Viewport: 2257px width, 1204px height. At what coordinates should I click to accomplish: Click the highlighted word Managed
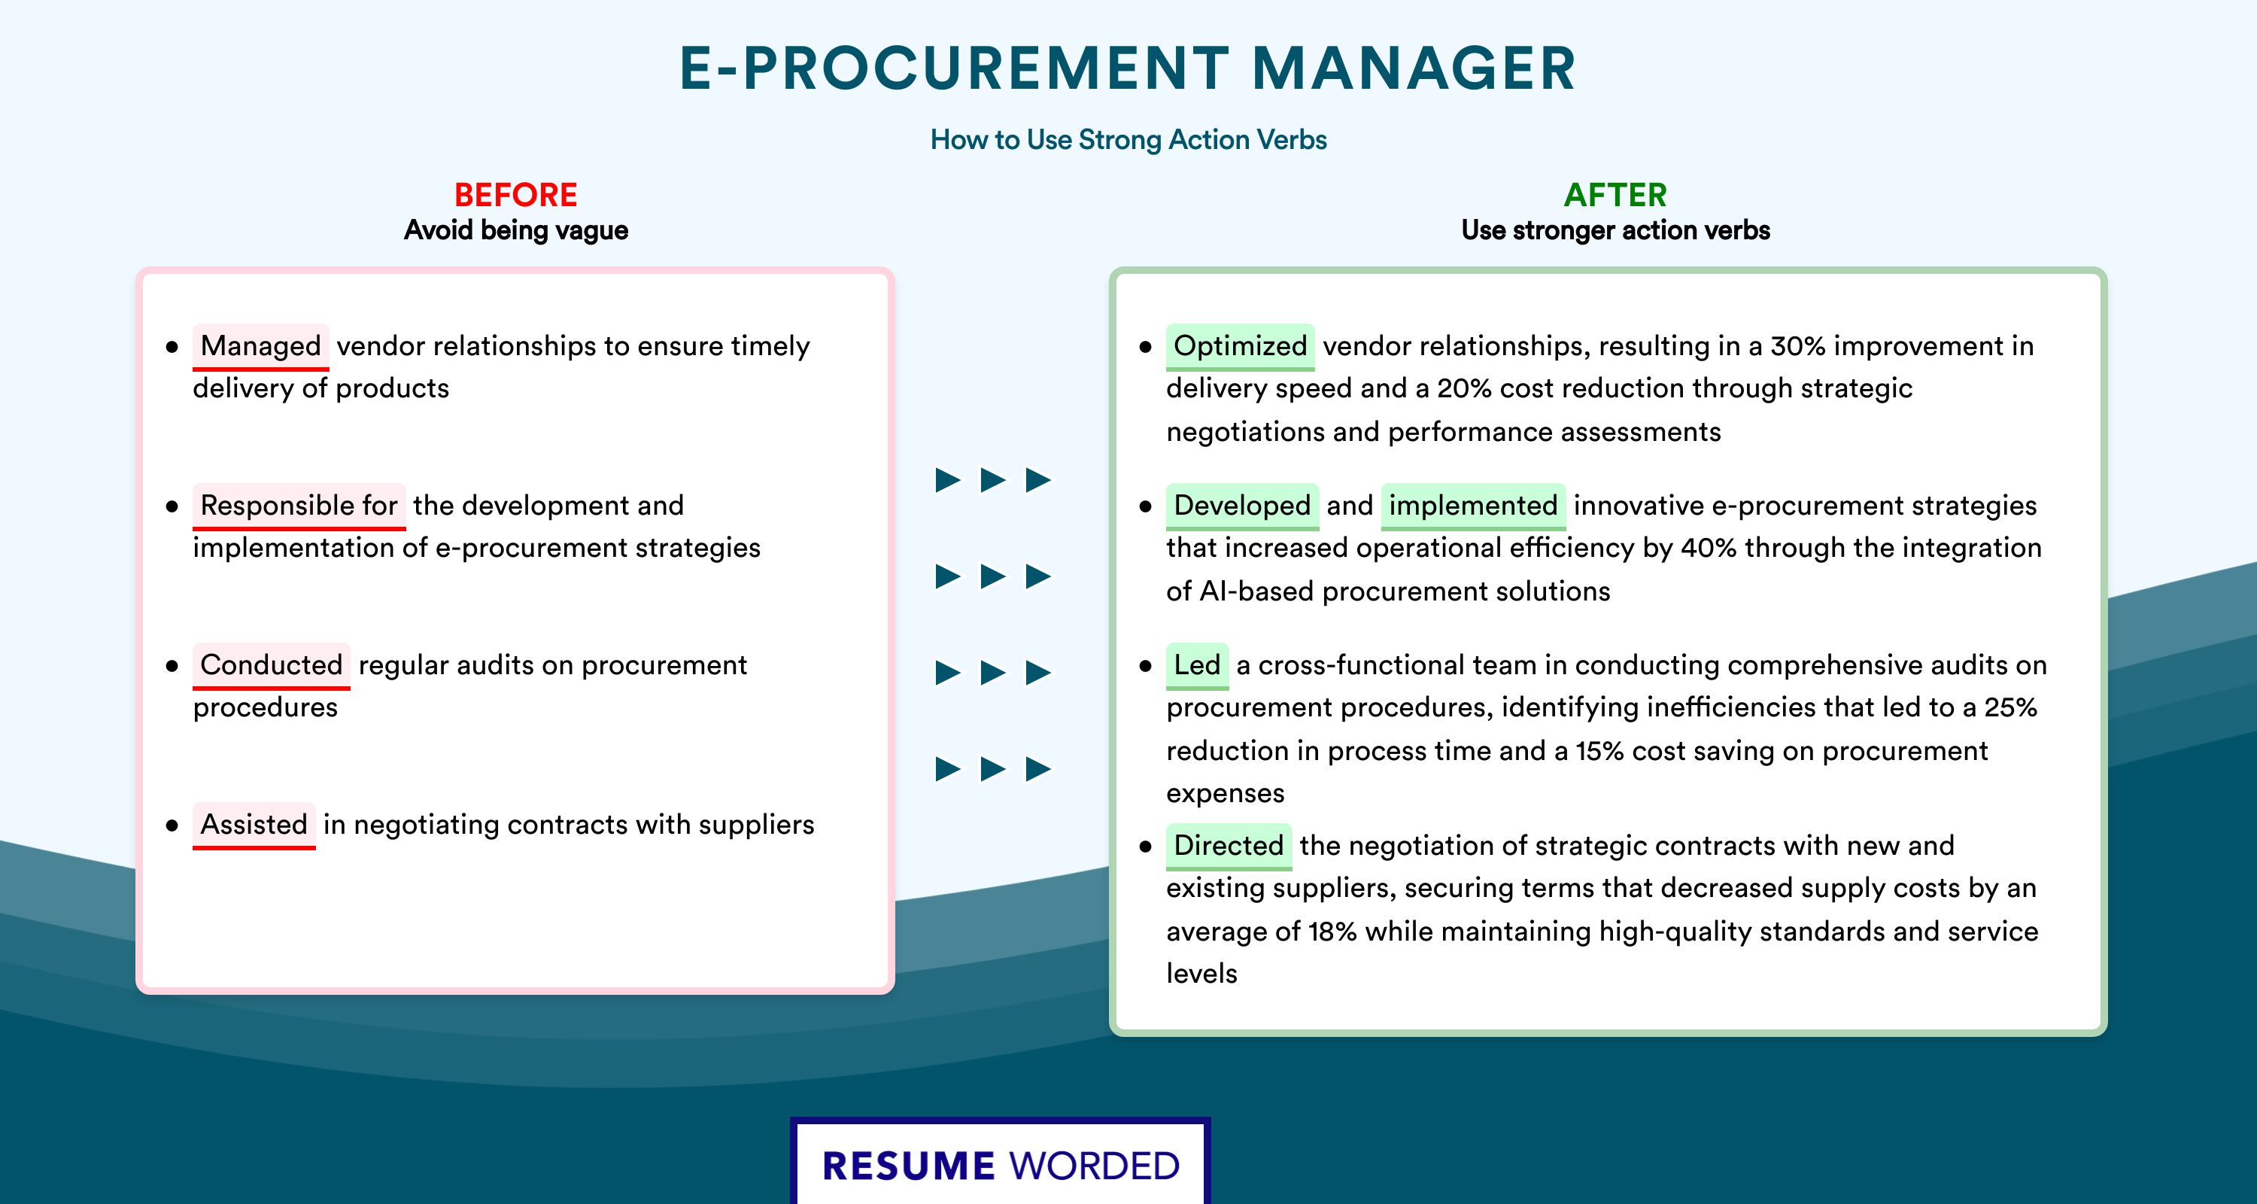260,346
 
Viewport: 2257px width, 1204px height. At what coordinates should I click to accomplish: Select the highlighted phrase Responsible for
299,506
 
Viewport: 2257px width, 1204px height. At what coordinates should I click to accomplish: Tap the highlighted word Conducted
271,665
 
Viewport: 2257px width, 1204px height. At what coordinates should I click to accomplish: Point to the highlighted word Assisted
254,825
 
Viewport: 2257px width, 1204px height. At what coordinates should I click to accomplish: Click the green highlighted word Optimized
1240,346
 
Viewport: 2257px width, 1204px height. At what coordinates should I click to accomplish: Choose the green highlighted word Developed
1241,506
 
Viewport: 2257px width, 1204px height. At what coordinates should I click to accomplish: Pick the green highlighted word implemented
1473,506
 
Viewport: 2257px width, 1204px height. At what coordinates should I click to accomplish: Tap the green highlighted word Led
1197,665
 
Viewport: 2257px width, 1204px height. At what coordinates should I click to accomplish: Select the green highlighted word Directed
1229,846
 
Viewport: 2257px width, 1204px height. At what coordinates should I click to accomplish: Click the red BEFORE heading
516,195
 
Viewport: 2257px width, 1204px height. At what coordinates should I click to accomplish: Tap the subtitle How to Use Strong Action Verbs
1128,139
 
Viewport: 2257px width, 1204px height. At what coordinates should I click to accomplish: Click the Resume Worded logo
1001,1163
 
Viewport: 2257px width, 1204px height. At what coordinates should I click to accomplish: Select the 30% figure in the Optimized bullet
1798,346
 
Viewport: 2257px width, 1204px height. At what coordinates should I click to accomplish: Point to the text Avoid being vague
516,230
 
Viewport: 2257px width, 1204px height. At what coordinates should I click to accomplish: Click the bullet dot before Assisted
172,825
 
